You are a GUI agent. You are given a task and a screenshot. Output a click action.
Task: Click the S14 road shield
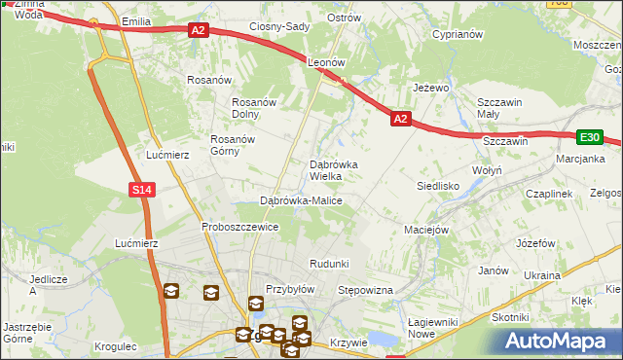[142, 190]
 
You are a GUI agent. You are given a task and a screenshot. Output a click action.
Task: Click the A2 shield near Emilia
[199, 31]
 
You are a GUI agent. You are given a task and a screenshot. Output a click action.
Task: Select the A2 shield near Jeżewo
[400, 119]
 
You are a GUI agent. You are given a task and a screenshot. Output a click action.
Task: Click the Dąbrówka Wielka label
[333, 170]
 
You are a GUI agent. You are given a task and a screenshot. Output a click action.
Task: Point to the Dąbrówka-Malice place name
[301, 200]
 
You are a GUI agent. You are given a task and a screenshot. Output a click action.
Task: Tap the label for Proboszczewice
[240, 227]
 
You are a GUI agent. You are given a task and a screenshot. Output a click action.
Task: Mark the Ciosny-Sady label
[279, 27]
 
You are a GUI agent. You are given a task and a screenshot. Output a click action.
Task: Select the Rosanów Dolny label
[255, 108]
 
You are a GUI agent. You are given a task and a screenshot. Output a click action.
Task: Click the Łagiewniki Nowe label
[434, 328]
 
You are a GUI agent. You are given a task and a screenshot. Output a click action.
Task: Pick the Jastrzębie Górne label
[26, 333]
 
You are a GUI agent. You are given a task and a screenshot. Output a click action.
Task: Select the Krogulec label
[117, 345]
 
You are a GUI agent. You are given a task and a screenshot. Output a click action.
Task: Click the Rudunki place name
[328, 265]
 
